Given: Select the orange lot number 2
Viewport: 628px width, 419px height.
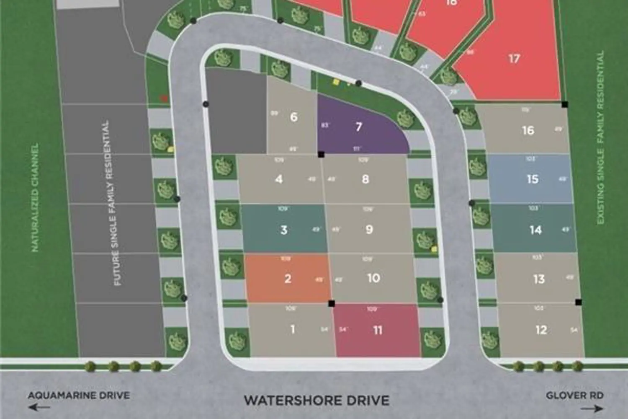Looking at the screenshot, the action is click(x=288, y=279).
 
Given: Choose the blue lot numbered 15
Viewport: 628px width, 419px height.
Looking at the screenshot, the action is click(x=532, y=179).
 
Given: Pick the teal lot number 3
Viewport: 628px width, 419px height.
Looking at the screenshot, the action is click(x=284, y=230).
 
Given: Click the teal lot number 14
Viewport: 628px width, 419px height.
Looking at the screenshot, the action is click(x=535, y=230).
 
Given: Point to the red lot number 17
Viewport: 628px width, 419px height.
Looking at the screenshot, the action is click(x=514, y=59).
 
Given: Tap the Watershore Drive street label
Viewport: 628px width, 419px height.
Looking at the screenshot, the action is click(x=317, y=400).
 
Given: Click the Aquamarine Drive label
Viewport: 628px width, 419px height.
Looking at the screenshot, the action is click(x=79, y=395).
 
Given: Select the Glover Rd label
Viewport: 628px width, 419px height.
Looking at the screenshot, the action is click(x=574, y=395).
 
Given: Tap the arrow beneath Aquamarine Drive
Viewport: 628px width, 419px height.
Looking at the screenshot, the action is click(x=39, y=407).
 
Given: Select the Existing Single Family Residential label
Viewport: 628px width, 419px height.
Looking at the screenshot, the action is click(x=601, y=138).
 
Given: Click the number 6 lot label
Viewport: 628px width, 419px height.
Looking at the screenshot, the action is click(x=293, y=117).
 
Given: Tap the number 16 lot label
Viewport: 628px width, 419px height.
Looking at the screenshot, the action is click(x=528, y=130).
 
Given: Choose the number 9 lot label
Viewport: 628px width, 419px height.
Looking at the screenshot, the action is click(x=369, y=230).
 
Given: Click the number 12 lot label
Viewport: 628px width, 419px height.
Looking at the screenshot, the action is click(x=541, y=330).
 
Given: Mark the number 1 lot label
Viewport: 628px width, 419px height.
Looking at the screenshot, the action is click(x=293, y=329).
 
